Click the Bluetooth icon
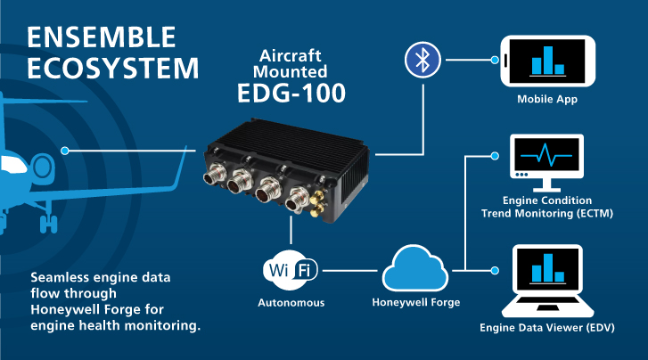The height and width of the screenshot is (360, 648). point(421,61)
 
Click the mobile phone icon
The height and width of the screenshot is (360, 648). point(547,61)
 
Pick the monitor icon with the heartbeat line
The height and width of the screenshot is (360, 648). point(545,161)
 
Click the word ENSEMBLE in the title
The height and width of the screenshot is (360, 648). point(102,37)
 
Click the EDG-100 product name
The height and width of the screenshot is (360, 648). point(291,93)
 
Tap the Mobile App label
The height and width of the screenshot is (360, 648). point(547,99)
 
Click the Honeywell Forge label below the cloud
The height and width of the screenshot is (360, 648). point(415,302)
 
